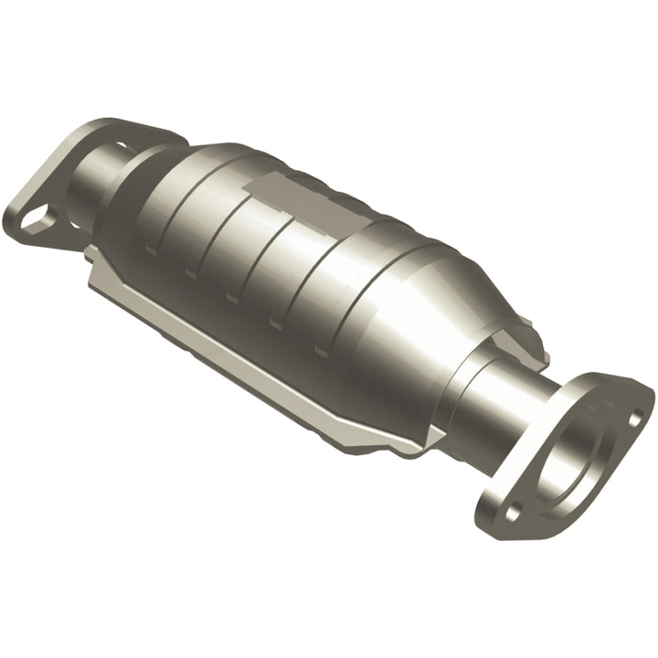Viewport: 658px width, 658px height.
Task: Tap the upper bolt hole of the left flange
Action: tap(121, 144)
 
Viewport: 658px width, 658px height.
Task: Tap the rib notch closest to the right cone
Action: tap(321, 347)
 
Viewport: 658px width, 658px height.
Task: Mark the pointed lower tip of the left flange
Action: tap(18, 228)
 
